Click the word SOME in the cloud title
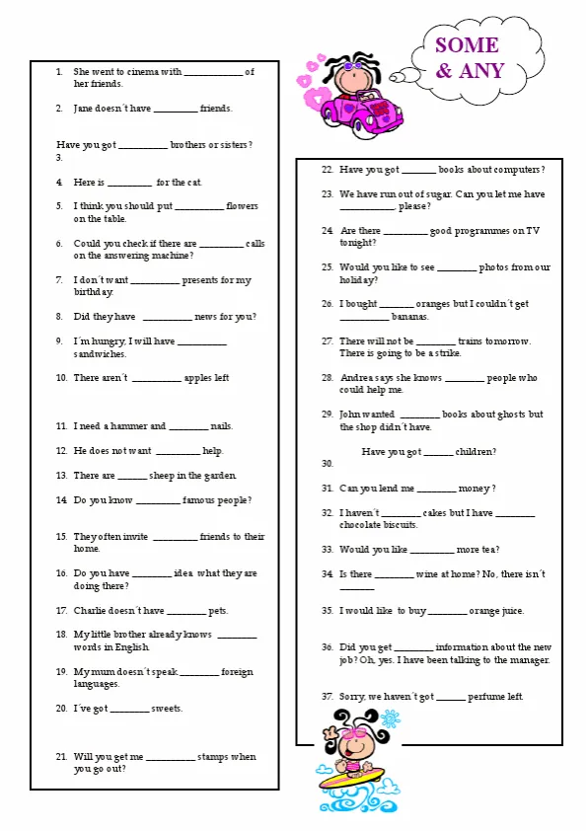tap(467, 45)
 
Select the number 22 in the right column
tap(327, 169)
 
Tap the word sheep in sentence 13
tap(162, 476)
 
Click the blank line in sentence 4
tap(129, 183)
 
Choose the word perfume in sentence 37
tap(484, 697)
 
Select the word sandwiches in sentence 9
tap(100, 353)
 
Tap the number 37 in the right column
tap(327, 697)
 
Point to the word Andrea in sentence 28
tap(357, 378)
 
